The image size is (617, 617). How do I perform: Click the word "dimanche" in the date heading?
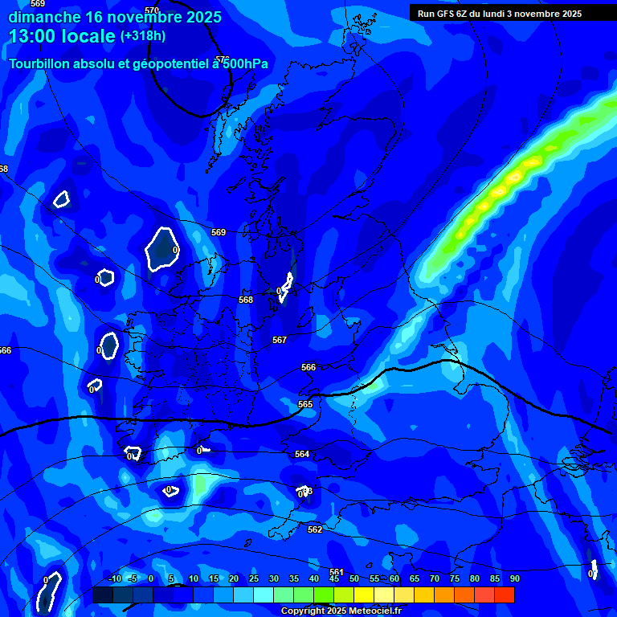(43, 16)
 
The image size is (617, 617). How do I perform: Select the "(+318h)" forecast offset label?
(144, 36)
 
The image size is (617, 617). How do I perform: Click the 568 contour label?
(246, 300)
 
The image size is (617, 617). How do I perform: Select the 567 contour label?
(280, 340)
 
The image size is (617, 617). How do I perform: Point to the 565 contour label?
(305, 404)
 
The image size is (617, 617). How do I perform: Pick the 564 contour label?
(302, 454)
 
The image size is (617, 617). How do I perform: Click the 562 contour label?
(315, 529)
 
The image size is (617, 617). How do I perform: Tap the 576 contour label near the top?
(223, 59)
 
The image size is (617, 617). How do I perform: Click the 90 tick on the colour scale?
(514, 578)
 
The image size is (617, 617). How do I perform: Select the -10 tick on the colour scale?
(114, 578)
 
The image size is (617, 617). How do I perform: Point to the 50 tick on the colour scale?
(354, 578)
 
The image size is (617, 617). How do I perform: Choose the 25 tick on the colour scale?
(254, 578)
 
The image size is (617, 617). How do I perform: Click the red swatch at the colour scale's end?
(505, 595)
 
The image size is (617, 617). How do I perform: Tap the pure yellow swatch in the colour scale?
(364, 595)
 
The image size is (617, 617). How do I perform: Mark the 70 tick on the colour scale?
(435, 578)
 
